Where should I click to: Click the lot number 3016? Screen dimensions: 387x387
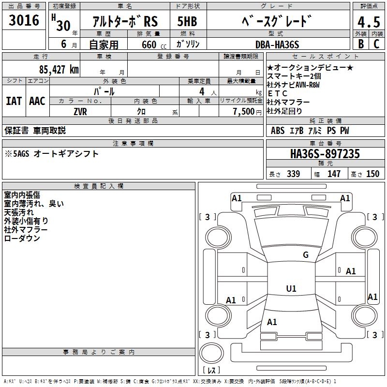coord(24,20)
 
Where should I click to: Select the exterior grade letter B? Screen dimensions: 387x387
coord(360,44)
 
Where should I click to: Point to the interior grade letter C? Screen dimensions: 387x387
coord(376,44)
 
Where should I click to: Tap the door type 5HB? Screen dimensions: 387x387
coord(188,22)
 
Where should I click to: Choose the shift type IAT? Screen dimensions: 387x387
coord(14,101)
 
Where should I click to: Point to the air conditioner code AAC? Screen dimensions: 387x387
coord(37,101)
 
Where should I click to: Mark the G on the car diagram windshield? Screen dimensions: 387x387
coord(305,255)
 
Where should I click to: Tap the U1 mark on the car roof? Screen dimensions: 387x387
coord(291,289)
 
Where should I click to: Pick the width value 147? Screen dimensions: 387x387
coord(334,174)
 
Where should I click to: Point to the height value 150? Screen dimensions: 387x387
coord(372,174)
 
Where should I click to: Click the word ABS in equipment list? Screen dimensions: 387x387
coord(278,131)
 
